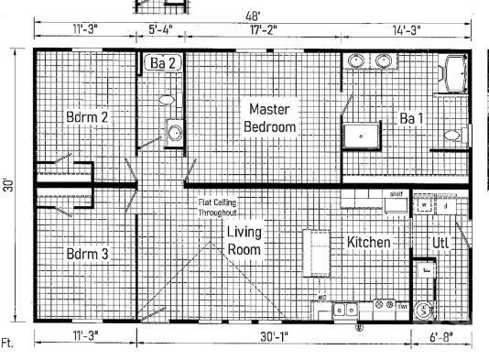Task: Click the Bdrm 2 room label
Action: pyautogui.click(x=88, y=116)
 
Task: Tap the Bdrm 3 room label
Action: pyautogui.click(x=88, y=253)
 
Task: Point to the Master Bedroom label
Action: pyautogui.click(x=270, y=118)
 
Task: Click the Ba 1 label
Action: pyautogui.click(x=411, y=117)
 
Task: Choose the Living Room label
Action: pyautogui.click(x=245, y=240)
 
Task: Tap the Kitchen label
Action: pyautogui.click(x=369, y=243)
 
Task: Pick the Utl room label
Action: pyautogui.click(x=440, y=243)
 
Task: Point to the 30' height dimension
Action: pyautogui.click(x=8, y=183)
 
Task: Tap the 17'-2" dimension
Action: pyautogui.click(x=264, y=29)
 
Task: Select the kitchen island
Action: pyautogui.click(x=317, y=251)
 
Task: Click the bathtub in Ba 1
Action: pyautogui.click(x=455, y=72)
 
